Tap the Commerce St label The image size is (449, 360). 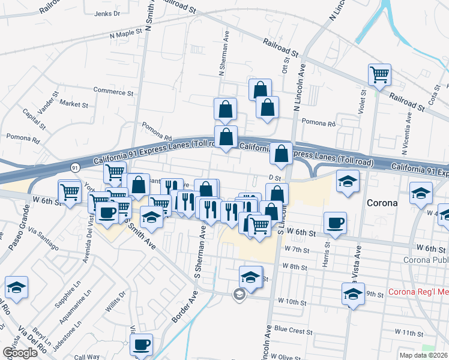click(112, 90)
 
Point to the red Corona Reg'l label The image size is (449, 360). click(418, 292)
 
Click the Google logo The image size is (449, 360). click(19, 353)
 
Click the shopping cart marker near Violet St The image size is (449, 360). click(380, 75)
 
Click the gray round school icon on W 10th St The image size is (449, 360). click(240, 294)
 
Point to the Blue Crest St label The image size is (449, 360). click(293, 329)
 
